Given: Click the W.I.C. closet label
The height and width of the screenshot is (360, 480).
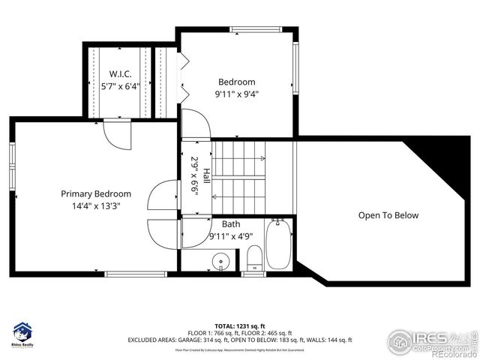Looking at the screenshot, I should click(x=120, y=73).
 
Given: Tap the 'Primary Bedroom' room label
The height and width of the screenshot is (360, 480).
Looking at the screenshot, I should click(x=96, y=193).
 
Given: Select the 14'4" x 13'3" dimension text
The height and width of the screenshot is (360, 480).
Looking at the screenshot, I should click(x=96, y=205).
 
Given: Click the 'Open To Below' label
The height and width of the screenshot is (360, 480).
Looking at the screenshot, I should click(x=388, y=215).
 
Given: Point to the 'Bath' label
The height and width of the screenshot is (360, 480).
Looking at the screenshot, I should click(x=231, y=224).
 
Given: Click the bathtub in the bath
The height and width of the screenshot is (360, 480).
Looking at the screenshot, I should click(x=278, y=244).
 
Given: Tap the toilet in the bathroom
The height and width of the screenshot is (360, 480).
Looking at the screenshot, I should click(x=254, y=256).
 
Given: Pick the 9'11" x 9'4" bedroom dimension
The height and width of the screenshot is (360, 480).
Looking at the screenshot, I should click(x=236, y=94).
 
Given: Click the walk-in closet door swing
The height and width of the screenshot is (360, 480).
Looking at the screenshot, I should click(x=116, y=133).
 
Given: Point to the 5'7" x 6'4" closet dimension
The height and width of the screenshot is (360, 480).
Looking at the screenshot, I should click(x=120, y=86).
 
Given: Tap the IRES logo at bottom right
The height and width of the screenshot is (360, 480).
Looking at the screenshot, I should click(x=433, y=340).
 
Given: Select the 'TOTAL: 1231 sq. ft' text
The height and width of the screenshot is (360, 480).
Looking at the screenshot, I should click(x=239, y=325).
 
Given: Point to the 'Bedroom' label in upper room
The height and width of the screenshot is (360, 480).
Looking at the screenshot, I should click(x=236, y=82).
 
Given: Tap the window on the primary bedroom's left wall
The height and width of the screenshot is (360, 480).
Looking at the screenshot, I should click(x=11, y=160).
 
